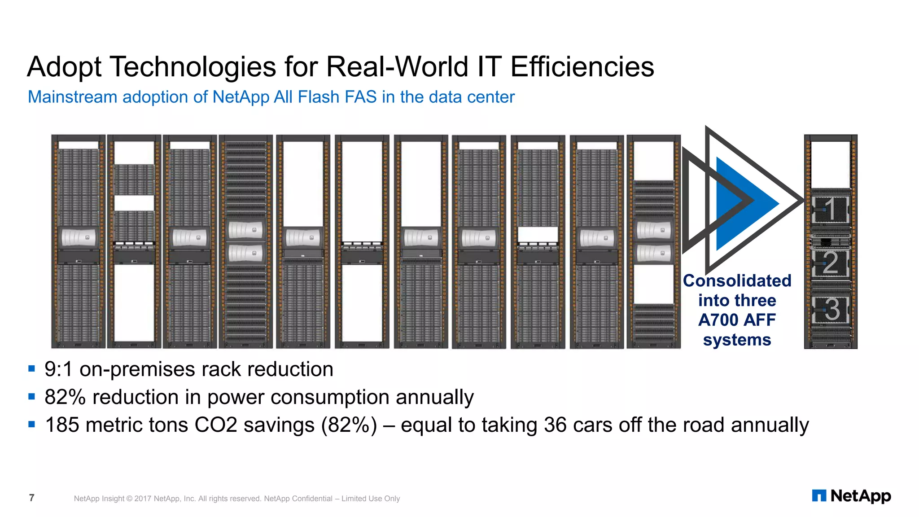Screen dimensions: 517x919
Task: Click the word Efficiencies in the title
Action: coord(582,67)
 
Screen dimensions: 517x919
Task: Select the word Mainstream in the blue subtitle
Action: coord(72,97)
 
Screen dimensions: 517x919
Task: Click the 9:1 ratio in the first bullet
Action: coord(58,369)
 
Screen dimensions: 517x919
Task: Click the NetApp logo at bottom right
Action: coord(851,496)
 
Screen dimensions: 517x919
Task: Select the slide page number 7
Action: coord(31,498)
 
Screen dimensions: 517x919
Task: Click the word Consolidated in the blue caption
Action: coord(737,281)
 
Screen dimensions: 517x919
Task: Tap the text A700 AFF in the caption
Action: coord(737,320)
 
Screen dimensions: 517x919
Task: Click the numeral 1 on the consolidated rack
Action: coord(830,209)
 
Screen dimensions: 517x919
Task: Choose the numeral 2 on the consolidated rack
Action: coord(830,263)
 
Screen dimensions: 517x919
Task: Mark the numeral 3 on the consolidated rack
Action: coord(831,309)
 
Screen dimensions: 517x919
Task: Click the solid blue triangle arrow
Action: coord(740,203)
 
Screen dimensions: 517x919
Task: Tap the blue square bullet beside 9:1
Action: coord(31,369)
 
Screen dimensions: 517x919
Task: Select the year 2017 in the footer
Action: coord(143,499)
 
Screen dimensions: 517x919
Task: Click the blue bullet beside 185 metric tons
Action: coord(31,424)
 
